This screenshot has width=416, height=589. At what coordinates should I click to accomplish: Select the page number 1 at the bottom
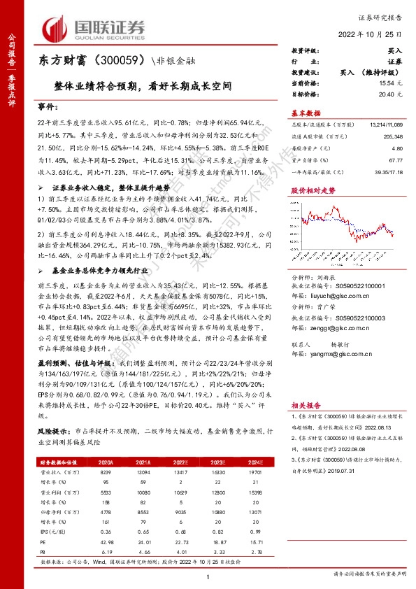point(208,576)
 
